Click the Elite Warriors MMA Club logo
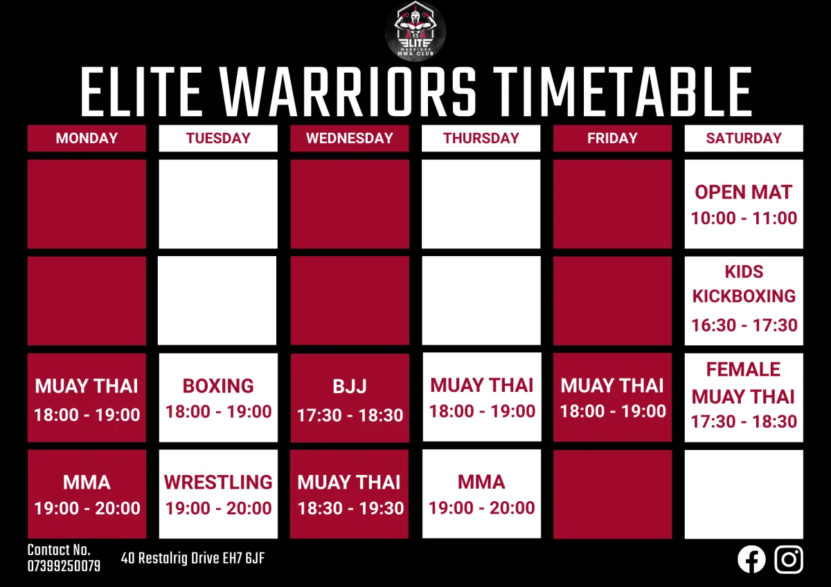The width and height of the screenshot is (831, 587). pos(415,31)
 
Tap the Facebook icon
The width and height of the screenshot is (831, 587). pos(751,559)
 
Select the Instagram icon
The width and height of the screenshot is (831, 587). pos(789,559)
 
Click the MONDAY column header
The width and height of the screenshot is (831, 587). pos(87,138)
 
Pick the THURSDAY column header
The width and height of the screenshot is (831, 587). pos(481,138)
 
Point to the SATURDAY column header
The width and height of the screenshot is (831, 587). pos(744,138)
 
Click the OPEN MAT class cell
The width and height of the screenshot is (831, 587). pos(744,204)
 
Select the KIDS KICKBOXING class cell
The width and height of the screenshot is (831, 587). pos(744,300)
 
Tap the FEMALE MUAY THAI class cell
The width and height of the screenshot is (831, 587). pos(744,397)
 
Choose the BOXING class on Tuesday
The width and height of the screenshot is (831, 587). pos(218,397)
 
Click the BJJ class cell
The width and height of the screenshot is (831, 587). pos(350,398)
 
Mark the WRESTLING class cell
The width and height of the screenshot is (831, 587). pos(218,494)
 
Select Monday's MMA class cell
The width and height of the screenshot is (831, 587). pos(87,494)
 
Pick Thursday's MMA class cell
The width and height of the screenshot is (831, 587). pos(481,494)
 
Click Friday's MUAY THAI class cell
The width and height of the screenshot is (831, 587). pos(612,397)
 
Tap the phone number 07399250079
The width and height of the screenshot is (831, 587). pos(64,566)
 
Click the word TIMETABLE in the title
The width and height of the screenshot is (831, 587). pos(622,91)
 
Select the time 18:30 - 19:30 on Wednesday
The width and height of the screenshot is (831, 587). pos(350,508)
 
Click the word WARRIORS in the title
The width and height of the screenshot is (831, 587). pos(348,91)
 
